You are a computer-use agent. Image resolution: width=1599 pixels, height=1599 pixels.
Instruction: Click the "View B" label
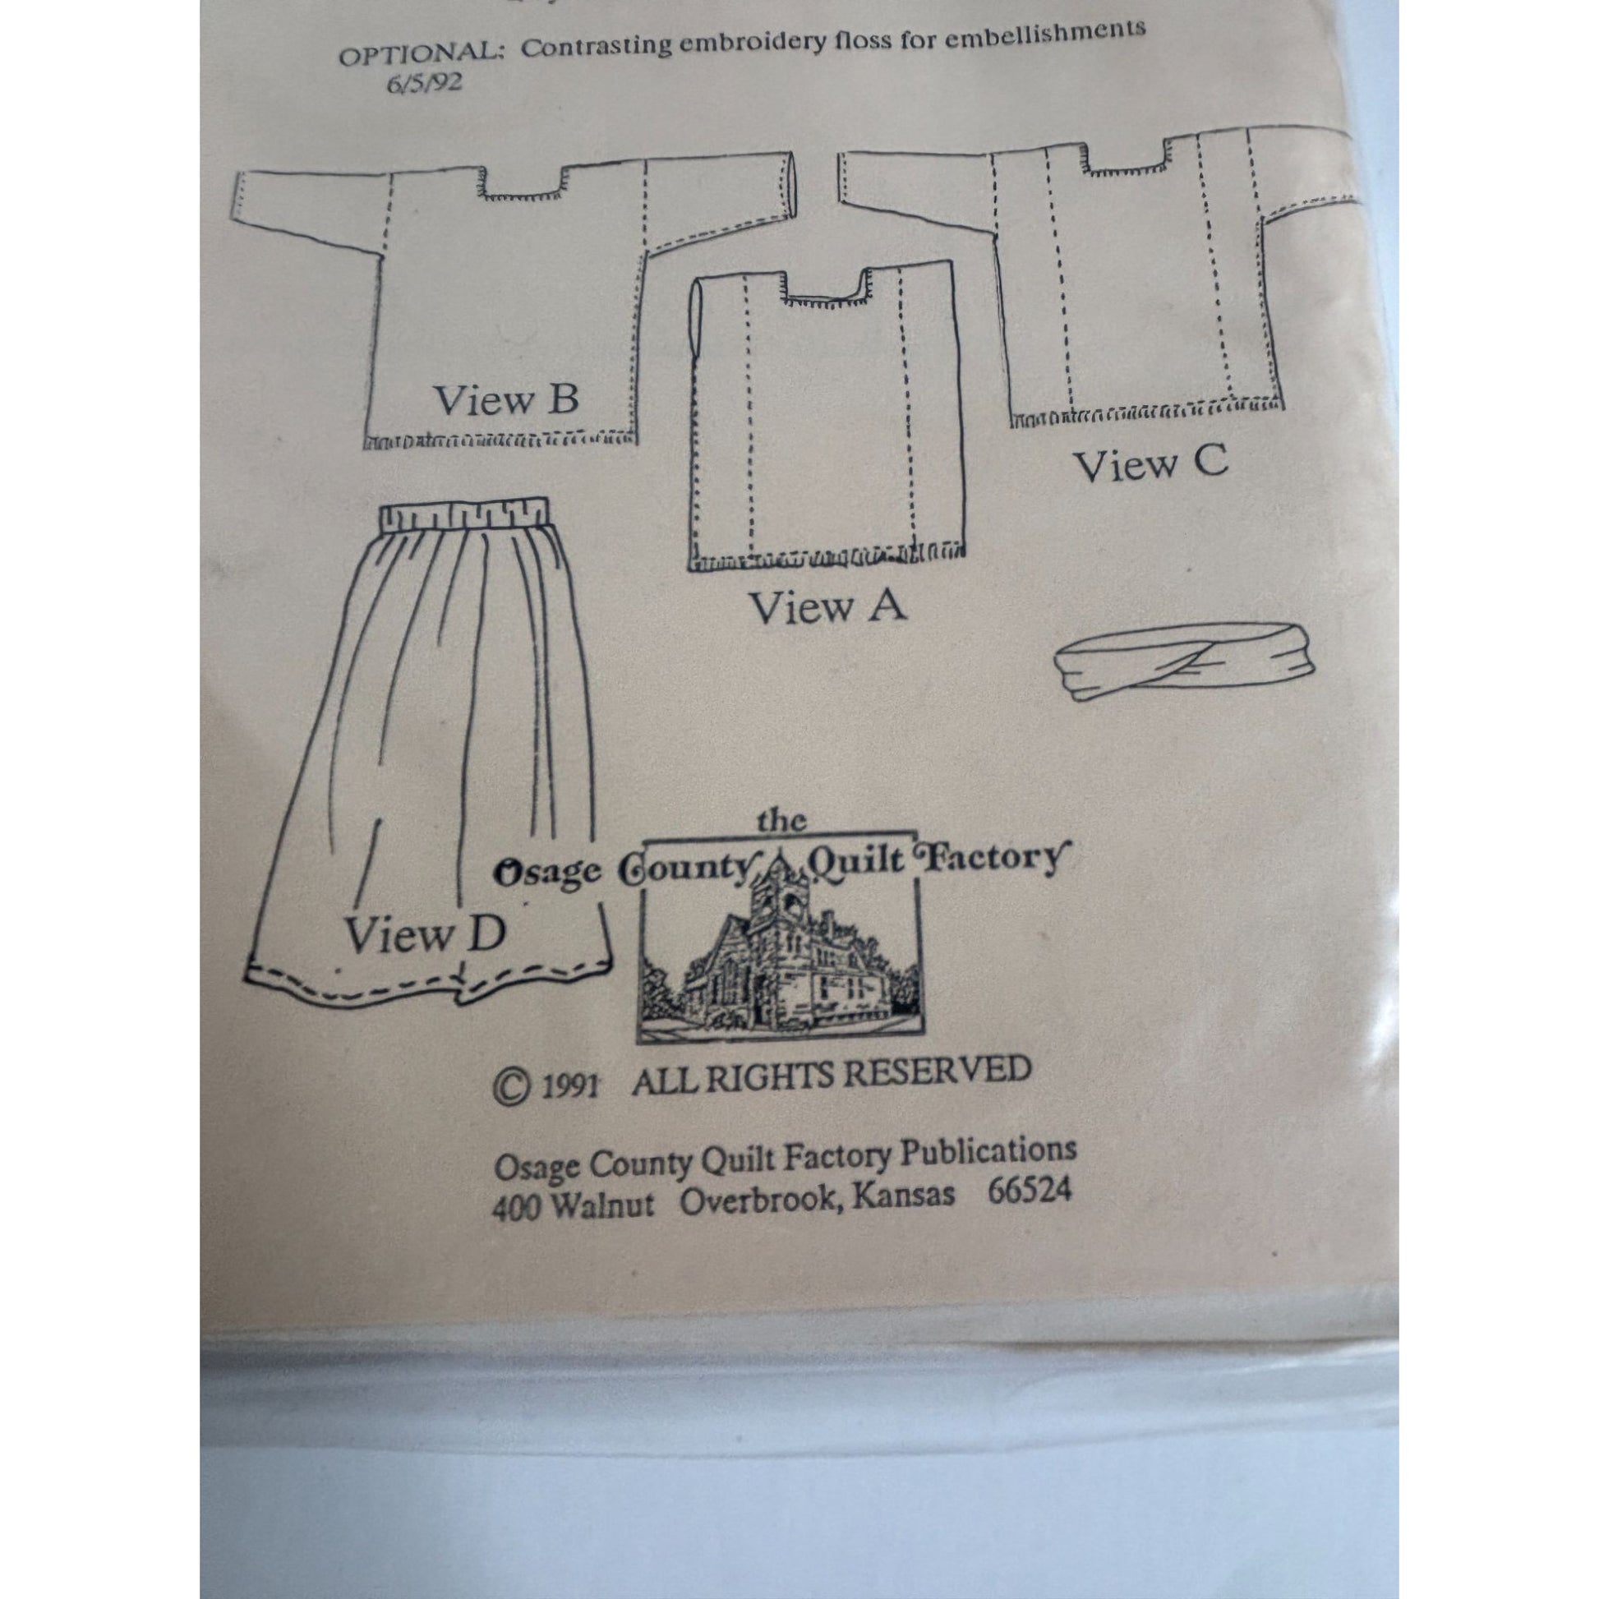[505, 401]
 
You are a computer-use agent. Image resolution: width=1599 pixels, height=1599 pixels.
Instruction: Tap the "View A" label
[827, 608]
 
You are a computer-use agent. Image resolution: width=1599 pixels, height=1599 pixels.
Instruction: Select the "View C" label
[1151, 464]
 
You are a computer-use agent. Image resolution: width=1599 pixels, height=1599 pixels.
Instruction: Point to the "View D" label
[424, 935]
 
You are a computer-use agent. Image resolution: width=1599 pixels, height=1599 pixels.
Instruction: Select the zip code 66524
[1030, 1190]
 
